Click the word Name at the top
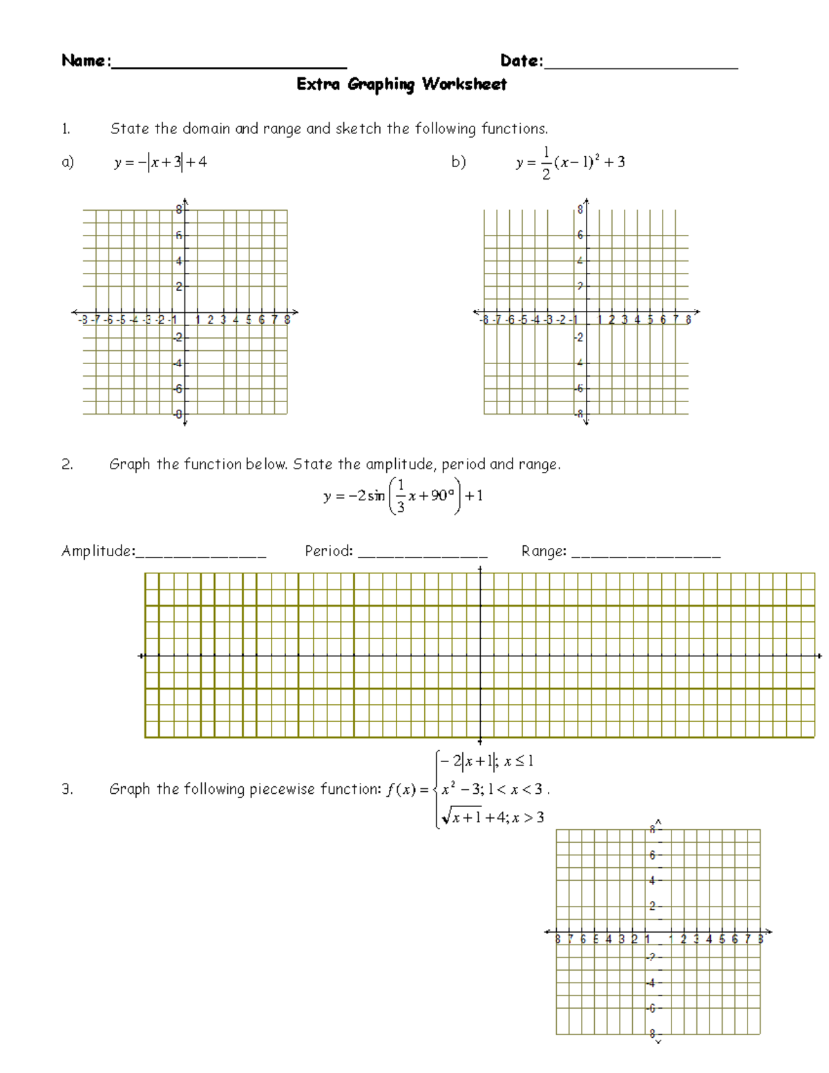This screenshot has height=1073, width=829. (84, 61)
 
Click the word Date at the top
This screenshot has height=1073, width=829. (520, 61)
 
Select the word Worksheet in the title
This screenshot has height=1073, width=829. (465, 84)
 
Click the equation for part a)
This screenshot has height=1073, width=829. (160, 162)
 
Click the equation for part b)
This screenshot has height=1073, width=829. (571, 163)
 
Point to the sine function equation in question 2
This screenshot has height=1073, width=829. (403, 496)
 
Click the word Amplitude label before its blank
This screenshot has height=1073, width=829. (97, 551)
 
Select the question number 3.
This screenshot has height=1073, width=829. (67, 789)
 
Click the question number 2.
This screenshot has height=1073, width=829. (67, 464)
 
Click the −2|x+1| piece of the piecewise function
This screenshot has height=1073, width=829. (468, 761)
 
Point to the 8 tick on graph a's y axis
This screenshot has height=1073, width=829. (179, 210)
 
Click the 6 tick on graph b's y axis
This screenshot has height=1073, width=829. (580, 236)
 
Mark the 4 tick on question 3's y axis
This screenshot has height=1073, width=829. (652, 881)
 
